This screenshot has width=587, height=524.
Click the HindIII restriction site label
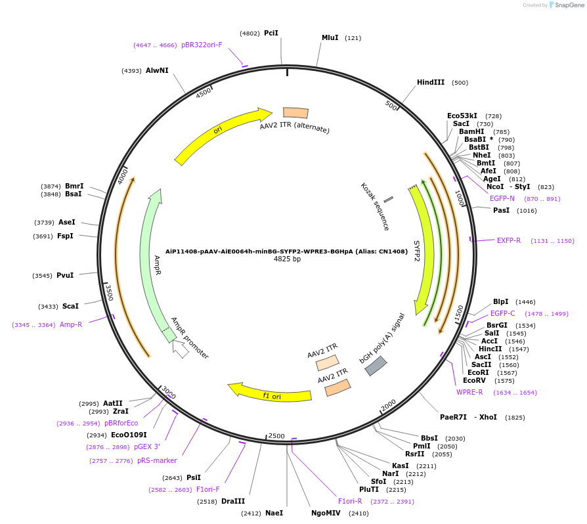pos(430,83)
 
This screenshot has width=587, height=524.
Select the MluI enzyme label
pos(330,38)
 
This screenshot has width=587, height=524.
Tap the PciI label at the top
pos(271,33)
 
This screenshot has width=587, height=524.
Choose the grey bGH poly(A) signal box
pos(376,366)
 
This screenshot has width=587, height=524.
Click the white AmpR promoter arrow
pos(181,349)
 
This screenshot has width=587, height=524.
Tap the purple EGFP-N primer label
pos(502,198)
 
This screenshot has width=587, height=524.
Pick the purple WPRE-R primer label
pos(469,393)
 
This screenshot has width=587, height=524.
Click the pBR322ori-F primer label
pos(202,45)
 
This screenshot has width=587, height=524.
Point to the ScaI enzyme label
pos(70,306)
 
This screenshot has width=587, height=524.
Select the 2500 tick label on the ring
pos(276,436)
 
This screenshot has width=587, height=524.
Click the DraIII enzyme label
pos(232,502)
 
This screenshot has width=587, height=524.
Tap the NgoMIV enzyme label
pos(326,513)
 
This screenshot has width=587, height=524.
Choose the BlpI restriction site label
pos(500,302)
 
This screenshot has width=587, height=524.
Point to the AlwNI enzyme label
pos(157,70)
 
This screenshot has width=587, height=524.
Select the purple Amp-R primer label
pos(71,324)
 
